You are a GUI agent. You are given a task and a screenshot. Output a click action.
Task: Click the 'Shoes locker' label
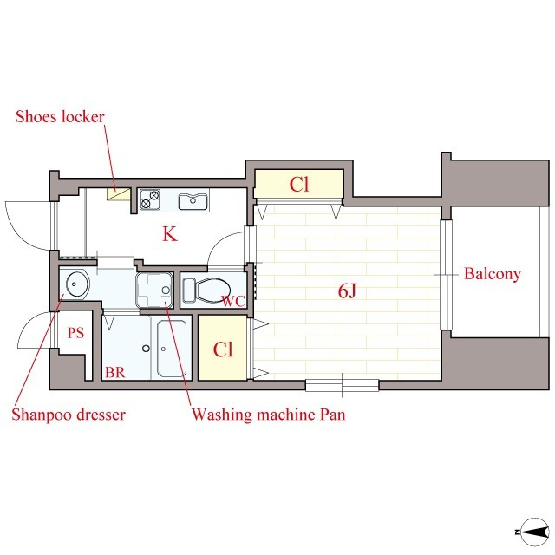click(60, 116)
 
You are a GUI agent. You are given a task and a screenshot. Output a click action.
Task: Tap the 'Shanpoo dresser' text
click(69, 415)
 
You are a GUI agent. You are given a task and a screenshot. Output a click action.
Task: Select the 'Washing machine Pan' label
click(268, 415)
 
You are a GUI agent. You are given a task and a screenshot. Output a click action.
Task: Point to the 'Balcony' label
click(493, 274)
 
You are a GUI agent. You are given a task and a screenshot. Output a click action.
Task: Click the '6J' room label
click(347, 291)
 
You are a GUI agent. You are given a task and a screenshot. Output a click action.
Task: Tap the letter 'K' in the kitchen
click(170, 234)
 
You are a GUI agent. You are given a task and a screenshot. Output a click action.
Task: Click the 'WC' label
click(233, 301)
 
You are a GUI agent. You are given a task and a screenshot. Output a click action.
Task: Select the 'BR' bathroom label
click(115, 372)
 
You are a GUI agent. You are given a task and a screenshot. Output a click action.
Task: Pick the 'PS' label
click(75, 333)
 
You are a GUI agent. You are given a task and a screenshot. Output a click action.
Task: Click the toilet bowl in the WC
click(207, 291)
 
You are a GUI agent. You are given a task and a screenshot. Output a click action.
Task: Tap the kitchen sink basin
click(193, 202)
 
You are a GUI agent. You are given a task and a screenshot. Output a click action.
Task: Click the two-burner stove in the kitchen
click(150, 199)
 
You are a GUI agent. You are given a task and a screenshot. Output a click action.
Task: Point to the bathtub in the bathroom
click(172, 349)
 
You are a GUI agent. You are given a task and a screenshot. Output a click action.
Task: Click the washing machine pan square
click(154, 291)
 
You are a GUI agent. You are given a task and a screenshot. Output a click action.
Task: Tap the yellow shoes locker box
click(119, 194)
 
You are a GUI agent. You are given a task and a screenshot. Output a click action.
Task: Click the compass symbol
click(533, 532)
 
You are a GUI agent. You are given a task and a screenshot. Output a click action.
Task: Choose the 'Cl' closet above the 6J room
click(299, 184)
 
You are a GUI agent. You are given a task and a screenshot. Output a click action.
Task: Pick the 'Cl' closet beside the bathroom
click(223, 348)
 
